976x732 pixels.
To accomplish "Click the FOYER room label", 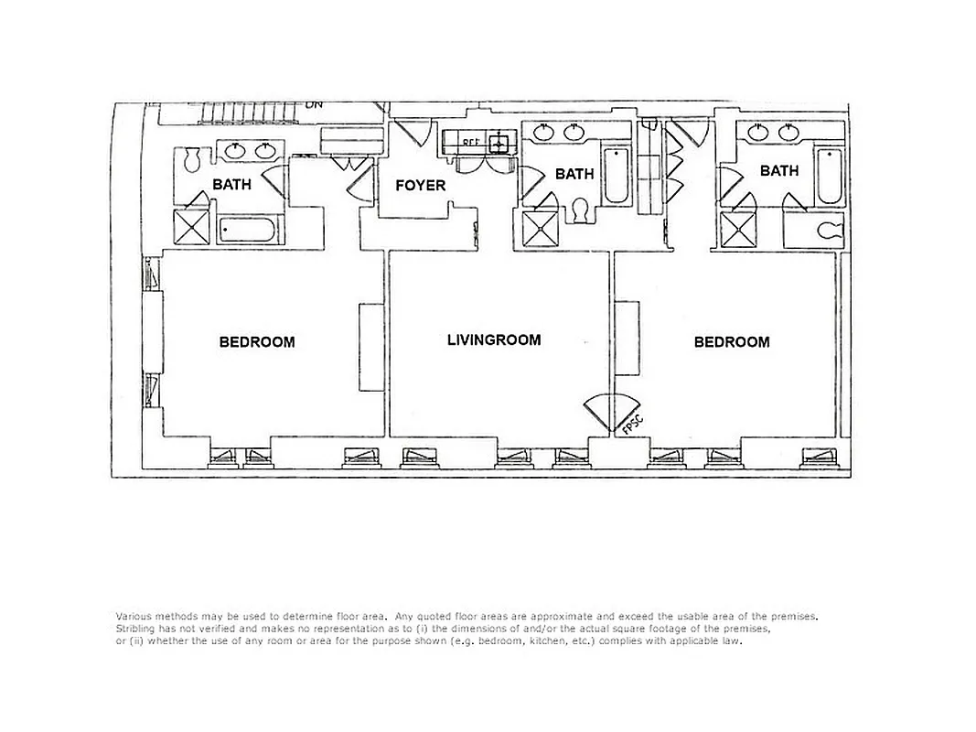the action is coord(421,186).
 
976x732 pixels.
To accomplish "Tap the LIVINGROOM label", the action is coord(494,339).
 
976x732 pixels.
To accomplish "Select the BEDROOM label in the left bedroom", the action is coord(257,342).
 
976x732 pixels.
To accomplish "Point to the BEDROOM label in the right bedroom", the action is coord(732,342).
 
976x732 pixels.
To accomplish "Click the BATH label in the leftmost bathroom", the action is coord(231,184).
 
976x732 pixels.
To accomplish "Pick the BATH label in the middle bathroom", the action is coord(574,174).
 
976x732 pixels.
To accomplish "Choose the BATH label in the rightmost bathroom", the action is coord(779,170).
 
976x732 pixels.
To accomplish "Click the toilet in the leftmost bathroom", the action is coord(192,160).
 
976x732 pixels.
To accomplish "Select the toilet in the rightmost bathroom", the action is coord(829,230).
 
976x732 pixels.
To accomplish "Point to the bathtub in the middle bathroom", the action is coord(617,176).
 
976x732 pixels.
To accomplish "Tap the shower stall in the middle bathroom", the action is coord(539,229).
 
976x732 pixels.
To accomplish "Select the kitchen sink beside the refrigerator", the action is coord(499,143).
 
